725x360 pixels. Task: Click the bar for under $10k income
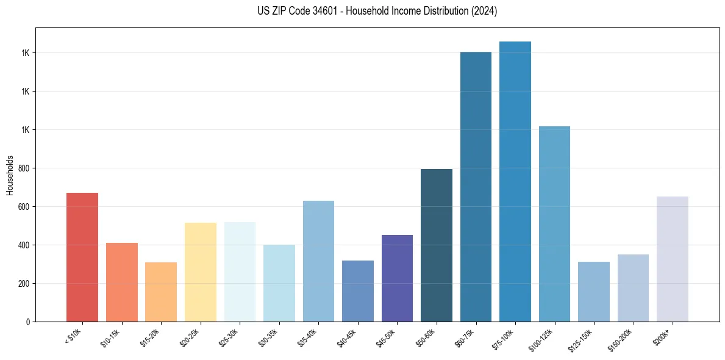tap(82, 257)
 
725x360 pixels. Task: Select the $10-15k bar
tap(121, 282)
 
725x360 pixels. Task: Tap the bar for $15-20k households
tap(161, 292)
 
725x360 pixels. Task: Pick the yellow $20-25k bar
tap(200, 272)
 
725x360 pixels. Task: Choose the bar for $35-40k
tap(318, 261)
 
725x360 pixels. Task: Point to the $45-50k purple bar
tap(397, 278)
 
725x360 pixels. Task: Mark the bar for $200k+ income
tap(673, 259)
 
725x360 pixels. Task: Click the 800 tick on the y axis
tap(24, 168)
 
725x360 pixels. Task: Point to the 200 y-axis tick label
tap(24, 284)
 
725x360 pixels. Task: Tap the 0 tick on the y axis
tap(28, 322)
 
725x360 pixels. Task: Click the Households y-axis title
tap(10, 175)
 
